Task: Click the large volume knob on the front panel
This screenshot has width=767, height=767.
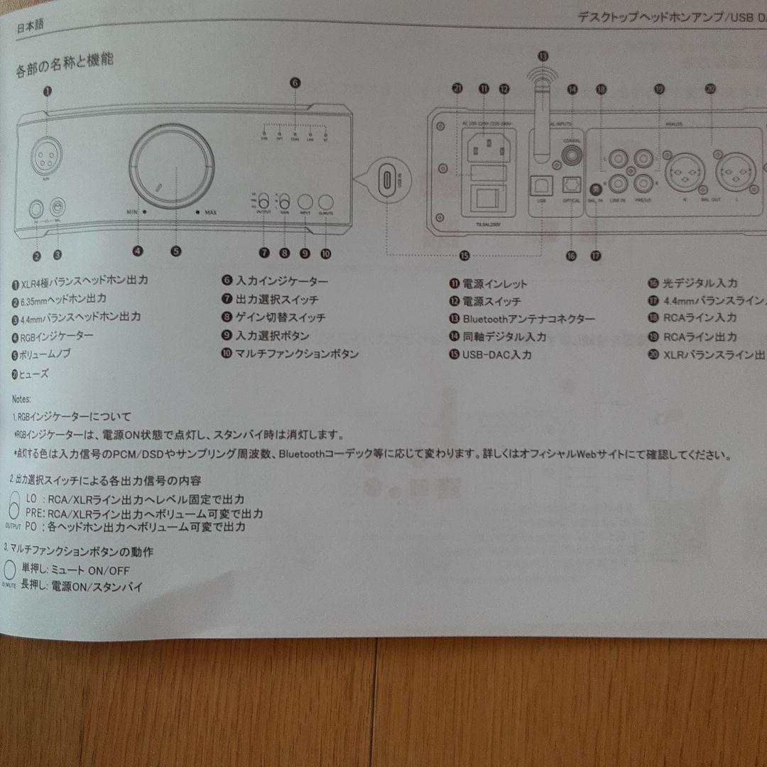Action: [171, 167]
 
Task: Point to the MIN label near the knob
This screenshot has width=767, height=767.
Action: [131, 211]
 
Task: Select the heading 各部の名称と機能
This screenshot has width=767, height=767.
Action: [65, 66]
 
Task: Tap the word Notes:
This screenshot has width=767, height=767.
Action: [22, 399]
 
